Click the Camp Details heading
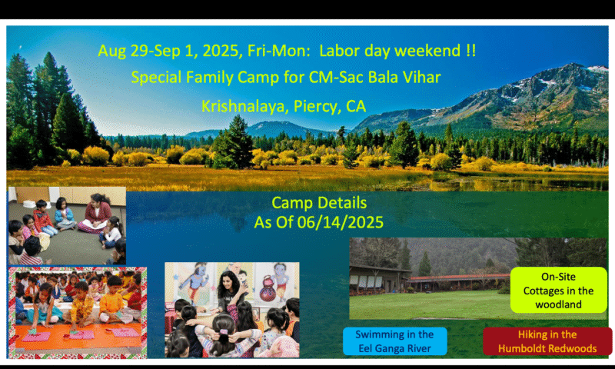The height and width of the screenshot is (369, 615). click(x=319, y=203)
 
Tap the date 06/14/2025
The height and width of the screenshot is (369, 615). click(x=340, y=223)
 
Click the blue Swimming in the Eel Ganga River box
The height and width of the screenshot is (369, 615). click(x=394, y=341)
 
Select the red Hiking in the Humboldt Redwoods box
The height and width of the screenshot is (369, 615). click(x=547, y=341)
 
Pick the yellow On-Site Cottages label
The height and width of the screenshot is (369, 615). click(x=558, y=290)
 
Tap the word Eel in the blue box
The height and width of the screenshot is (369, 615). click(x=365, y=348)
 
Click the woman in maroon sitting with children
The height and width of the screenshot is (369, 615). click(x=95, y=214)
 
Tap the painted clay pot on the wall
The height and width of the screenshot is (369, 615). click(x=268, y=289)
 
